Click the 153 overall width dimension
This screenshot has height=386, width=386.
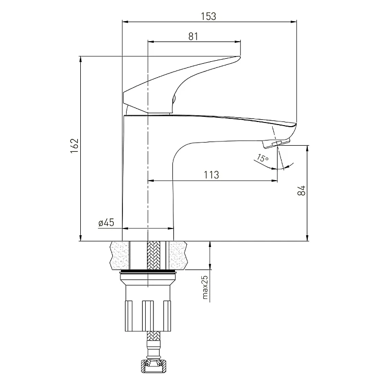point(209,16)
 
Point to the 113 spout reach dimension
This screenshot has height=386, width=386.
point(212,174)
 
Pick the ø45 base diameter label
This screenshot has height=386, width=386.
point(106,223)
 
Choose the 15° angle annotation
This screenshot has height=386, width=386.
point(263,159)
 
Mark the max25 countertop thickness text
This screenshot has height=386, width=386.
point(204,288)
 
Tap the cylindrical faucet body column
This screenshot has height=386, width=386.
point(148,180)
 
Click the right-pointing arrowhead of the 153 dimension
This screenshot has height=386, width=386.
point(295,22)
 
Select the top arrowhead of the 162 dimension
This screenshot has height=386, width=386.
point(81,59)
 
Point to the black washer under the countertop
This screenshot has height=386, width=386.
point(148,271)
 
